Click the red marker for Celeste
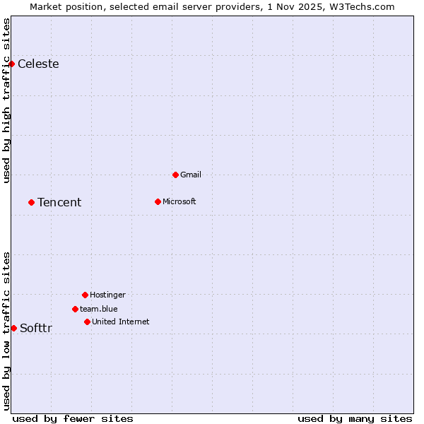(x=11, y=64)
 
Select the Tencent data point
(x=31, y=202)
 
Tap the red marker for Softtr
(x=13, y=328)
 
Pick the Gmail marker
(x=175, y=175)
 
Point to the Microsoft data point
(x=158, y=201)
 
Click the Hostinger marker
(x=85, y=295)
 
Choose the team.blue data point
(x=75, y=309)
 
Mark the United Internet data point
(x=87, y=322)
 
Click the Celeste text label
(x=38, y=64)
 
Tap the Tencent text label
(x=59, y=203)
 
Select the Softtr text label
(x=36, y=328)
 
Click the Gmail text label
(x=191, y=175)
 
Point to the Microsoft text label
(x=179, y=201)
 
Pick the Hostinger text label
(x=107, y=295)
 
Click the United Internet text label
(x=121, y=322)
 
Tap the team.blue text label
(x=99, y=309)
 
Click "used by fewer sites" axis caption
(x=73, y=418)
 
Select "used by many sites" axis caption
(x=355, y=418)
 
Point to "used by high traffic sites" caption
(x=6, y=100)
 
